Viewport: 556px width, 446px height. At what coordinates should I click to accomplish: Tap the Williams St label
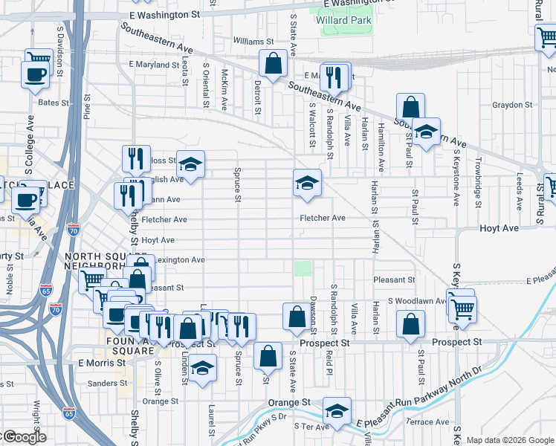click(253, 42)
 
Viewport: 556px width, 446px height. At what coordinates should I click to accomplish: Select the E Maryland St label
click(155, 65)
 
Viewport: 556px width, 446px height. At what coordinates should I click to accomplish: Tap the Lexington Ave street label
click(178, 260)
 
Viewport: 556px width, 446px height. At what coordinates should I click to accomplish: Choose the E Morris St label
click(102, 362)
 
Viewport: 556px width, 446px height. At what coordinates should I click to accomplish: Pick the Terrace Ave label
click(429, 421)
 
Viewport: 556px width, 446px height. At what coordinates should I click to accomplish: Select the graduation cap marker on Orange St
click(337, 410)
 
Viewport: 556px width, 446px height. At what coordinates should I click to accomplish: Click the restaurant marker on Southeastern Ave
click(337, 76)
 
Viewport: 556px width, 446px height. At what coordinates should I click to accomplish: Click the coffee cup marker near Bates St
click(35, 74)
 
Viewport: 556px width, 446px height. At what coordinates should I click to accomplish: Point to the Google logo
click(24, 437)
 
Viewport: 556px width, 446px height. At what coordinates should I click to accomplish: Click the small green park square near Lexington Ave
click(302, 268)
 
